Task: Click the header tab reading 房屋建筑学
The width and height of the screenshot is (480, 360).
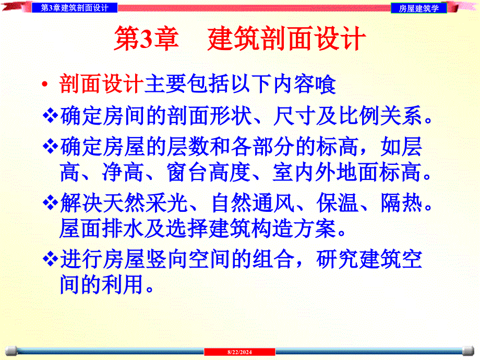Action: point(419,8)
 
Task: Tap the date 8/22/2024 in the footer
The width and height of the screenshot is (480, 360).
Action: point(239,353)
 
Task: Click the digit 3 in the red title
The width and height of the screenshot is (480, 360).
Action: point(144,40)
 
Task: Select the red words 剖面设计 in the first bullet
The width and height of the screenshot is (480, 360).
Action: point(101,85)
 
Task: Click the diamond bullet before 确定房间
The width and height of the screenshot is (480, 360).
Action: point(51,116)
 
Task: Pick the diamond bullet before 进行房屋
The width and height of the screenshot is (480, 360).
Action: point(51,259)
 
